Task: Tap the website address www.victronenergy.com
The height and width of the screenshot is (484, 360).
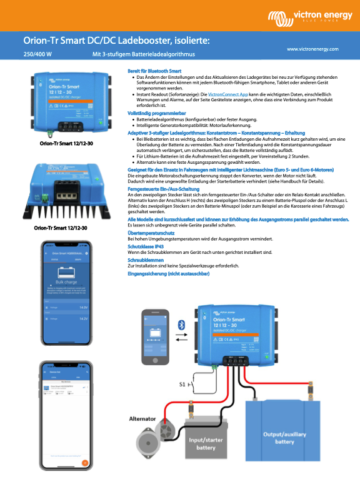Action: click(x=312, y=48)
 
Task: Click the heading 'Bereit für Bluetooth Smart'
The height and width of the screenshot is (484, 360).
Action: click(x=154, y=71)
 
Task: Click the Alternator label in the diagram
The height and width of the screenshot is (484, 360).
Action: click(x=143, y=418)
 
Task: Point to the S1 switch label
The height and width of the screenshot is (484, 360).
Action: click(x=183, y=383)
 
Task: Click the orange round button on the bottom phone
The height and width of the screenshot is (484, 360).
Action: click(x=86, y=463)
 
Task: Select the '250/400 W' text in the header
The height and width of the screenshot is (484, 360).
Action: click(x=37, y=54)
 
